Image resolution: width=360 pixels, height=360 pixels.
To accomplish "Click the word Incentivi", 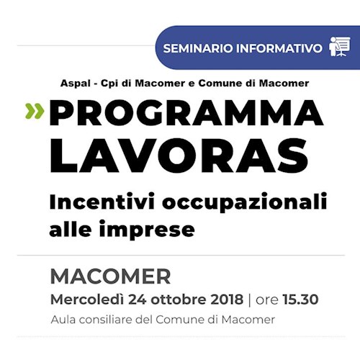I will [95, 202].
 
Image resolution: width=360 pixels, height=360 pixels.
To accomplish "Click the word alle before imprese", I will [68, 230].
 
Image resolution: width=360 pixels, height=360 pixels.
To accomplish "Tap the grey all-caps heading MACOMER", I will [110, 276].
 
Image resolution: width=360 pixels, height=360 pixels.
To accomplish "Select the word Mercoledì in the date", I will [86, 300].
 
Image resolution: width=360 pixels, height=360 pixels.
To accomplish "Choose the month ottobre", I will [181, 300].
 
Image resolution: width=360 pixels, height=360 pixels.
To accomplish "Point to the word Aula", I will [63, 320].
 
